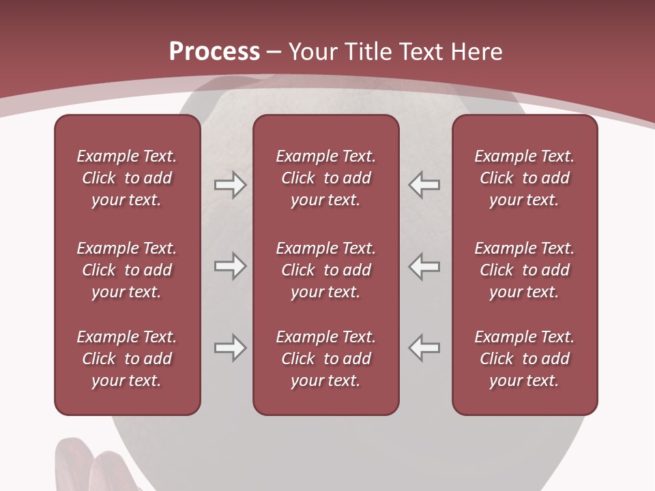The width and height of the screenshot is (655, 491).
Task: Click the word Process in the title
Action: [x=214, y=52]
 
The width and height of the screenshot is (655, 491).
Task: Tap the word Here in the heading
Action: [x=476, y=52]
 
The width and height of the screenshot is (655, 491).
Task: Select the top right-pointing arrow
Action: [x=230, y=185]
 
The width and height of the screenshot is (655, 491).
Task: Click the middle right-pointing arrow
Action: [x=230, y=266]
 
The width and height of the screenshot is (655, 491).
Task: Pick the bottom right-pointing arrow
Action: [x=230, y=348]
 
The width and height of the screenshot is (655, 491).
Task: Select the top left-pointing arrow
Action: [x=424, y=185]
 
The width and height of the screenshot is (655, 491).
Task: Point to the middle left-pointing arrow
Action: [x=424, y=266]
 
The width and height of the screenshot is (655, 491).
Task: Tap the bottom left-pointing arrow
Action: [x=424, y=348]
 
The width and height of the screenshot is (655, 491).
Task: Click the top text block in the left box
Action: [x=127, y=178]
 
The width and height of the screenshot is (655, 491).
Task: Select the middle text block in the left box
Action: [x=127, y=270]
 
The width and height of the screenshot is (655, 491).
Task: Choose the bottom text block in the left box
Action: [x=127, y=359]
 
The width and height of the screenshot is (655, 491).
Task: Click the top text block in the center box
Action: [x=325, y=178]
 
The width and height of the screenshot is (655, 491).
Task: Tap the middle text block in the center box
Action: [x=325, y=270]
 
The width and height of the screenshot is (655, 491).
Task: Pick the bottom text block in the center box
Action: [x=325, y=359]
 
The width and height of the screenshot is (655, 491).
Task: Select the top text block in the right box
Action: [x=524, y=178]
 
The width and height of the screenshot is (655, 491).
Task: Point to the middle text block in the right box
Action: [x=524, y=270]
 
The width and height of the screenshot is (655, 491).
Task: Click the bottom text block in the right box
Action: [x=524, y=359]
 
